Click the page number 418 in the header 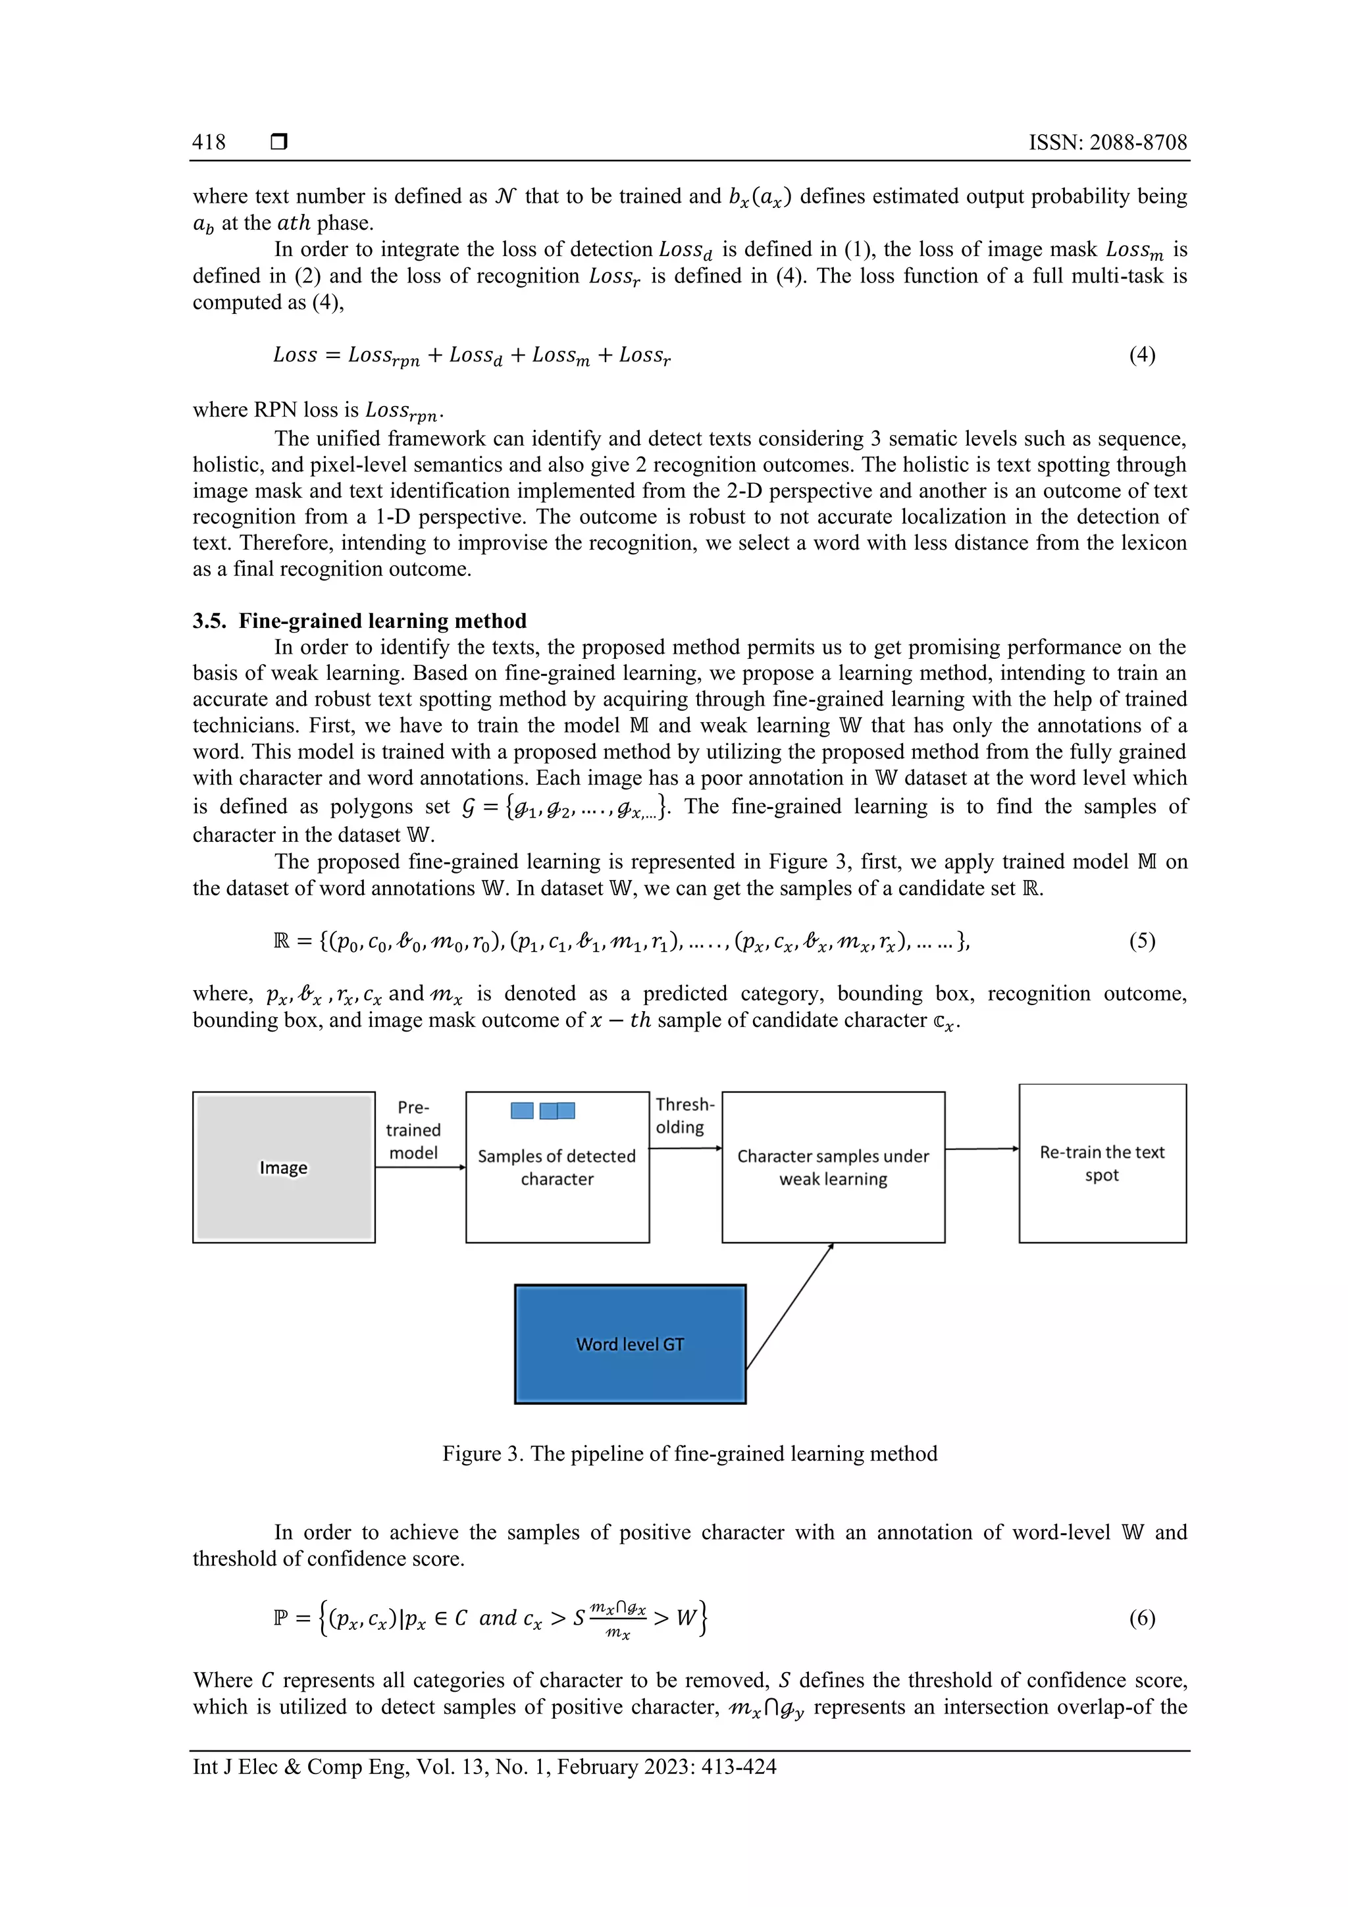pyautogui.click(x=209, y=142)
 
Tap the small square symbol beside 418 pyautogui.click(x=279, y=142)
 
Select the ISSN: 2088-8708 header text pyautogui.click(x=1107, y=142)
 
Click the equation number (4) pyautogui.click(x=1141, y=355)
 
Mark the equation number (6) pyautogui.click(x=1141, y=1617)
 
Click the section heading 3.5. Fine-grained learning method pyautogui.click(x=359, y=621)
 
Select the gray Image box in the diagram pyautogui.click(x=283, y=1167)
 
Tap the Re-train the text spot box pyautogui.click(x=1101, y=1162)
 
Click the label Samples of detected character pyautogui.click(x=556, y=1167)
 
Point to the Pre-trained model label pyautogui.click(x=413, y=1130)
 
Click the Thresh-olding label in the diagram pyautogui.click(x=684, y=1116)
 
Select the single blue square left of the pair pyautogui.click(x=521, y=1110)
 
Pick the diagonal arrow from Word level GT pyautogui.click(x=789, y=1305)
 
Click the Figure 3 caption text pyautogui.click(x=689, y=1453)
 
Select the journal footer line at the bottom pyautogui.click(x=484, y=1767)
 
